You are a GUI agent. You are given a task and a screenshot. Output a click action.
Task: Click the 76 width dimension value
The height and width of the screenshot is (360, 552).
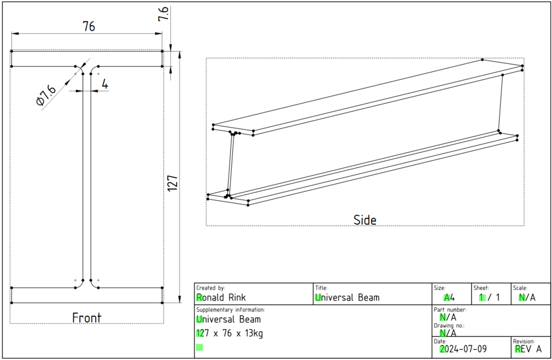89,26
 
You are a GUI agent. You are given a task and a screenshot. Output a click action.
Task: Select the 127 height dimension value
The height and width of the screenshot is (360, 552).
174,183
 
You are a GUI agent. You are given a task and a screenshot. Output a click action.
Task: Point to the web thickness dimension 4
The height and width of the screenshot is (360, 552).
105,84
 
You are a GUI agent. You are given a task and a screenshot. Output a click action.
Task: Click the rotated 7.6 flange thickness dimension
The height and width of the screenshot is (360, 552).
164,14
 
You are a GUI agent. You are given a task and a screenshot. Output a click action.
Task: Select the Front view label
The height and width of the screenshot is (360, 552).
86,317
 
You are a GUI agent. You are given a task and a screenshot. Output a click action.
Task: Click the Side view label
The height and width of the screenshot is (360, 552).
365,220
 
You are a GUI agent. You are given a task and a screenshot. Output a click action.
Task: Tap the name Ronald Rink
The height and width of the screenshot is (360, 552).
221,297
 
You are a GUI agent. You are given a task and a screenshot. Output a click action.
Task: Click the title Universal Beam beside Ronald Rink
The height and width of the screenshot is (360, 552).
347,297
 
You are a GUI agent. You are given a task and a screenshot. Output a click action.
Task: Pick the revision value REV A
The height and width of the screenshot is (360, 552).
528,348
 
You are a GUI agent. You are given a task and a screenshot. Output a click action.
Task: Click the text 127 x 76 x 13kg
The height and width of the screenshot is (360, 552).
229,334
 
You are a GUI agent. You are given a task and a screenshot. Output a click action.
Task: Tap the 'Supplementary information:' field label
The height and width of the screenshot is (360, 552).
231,309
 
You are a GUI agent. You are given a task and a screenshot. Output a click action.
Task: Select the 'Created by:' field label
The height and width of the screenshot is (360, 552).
210,288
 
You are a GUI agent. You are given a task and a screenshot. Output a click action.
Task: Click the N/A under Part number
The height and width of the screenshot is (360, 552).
448,317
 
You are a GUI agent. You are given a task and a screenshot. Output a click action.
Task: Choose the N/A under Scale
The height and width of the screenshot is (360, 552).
527,297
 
